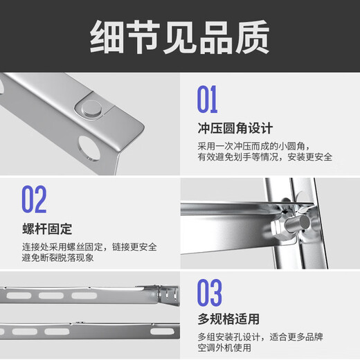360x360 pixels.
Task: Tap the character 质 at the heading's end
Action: (251, 36)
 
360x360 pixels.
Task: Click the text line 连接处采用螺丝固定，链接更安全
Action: (89, 246)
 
